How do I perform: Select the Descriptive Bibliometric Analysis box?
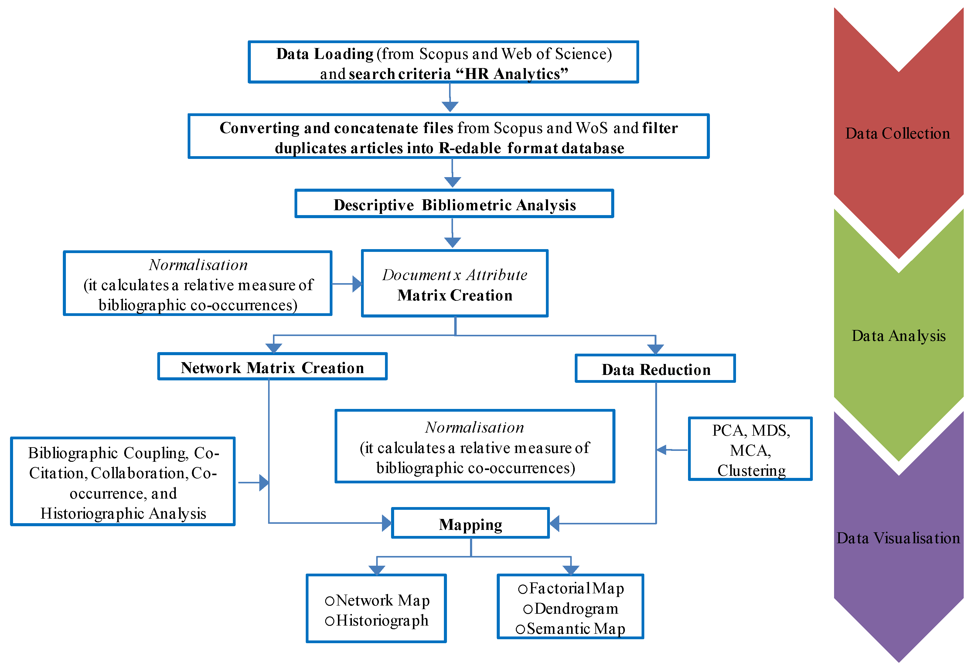(454, 204)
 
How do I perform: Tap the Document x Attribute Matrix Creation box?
(455, 284)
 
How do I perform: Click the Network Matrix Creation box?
(272, 367)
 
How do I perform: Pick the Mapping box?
(470, 524)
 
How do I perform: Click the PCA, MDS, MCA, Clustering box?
(750, 450)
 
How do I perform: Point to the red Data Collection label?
(898, 133)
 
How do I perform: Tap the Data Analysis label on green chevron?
(898, 336)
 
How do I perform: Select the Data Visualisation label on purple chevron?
(898, 538)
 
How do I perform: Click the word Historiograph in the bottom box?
(382, 621)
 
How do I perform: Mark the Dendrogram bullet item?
(576, 609)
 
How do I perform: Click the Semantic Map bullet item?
(576, 629)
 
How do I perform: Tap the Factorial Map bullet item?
(576, 588)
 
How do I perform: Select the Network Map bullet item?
(382, 601)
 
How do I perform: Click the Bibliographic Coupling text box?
(123, 482)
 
